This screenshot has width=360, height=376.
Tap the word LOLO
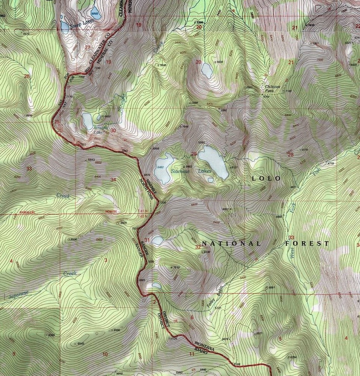click(266, 178)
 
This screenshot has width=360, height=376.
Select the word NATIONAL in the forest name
click(231, 243)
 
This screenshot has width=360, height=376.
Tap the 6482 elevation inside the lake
click(161, 167)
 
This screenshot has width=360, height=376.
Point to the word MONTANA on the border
click(204, 345)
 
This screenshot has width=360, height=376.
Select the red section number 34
click(113, 180)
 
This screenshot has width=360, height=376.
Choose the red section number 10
click(105, 354)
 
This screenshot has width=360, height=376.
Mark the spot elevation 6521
click(260, 333)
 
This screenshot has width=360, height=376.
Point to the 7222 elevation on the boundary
click(83, 145)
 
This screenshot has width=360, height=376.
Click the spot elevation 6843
click(91, 160)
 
